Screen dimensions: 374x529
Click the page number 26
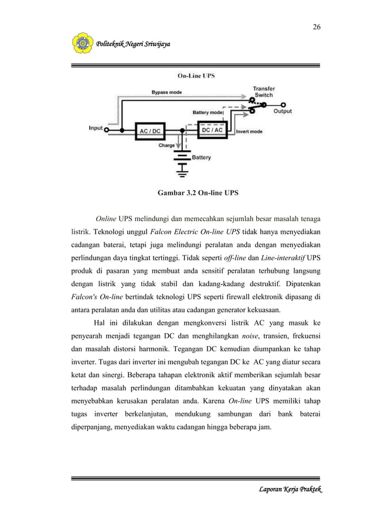click(317, 27)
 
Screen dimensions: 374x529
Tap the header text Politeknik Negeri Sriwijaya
click(130, 45)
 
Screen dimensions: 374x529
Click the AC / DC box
click(149, 131)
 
